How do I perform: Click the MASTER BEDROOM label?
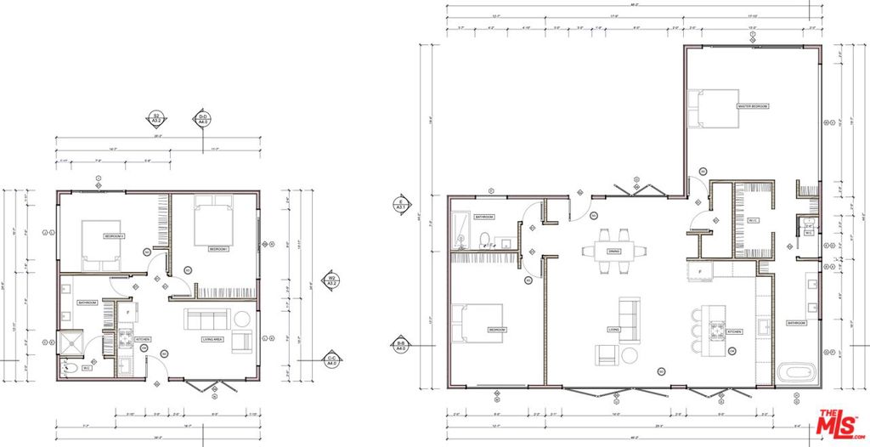[753, 106]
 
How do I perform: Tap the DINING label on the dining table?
[613, 252]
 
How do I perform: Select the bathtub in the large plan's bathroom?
[795, 372]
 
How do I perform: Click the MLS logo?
[838, 423]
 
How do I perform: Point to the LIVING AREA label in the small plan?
[212, 339]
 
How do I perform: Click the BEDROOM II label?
[115, 235]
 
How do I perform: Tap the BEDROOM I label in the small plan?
[219, 249]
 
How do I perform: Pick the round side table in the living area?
[242, 320]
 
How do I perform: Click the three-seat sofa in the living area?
[206, 320]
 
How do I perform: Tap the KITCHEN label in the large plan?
[735, 331]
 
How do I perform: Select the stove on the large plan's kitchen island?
[715, 331]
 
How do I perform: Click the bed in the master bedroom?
[714, 108]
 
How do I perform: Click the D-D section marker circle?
[203, 118]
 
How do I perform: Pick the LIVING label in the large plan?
[613, 329]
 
